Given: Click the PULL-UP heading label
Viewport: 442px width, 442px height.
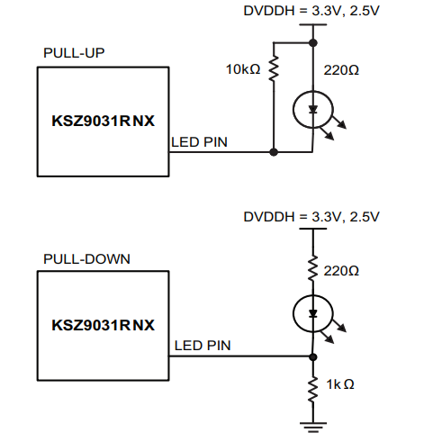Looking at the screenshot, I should point(75,52).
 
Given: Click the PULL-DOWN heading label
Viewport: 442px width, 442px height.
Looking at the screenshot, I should point(86,258).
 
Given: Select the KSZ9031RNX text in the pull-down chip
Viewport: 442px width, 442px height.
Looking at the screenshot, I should point(103,324).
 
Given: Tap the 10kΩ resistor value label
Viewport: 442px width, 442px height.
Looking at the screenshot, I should point(245,68).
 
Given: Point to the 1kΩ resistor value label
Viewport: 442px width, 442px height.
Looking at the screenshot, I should point(339,383).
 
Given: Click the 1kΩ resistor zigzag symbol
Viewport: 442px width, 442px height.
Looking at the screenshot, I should point(312,384).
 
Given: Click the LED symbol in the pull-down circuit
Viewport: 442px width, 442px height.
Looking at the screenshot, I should point(312,314).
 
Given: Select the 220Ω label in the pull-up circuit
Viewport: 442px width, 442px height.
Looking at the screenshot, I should point(341,68).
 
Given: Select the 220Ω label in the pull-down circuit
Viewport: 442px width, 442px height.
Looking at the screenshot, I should point(341,270).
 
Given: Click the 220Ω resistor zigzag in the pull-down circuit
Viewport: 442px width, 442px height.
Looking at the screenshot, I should point(312,269).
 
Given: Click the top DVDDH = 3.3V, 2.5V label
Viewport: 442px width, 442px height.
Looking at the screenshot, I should point(311,11).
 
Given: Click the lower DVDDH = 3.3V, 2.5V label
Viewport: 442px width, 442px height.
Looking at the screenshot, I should point(311,217).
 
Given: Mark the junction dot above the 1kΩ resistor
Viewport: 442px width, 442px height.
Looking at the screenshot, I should point(312,356).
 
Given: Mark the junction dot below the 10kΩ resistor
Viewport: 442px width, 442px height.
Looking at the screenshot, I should point(273,151).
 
